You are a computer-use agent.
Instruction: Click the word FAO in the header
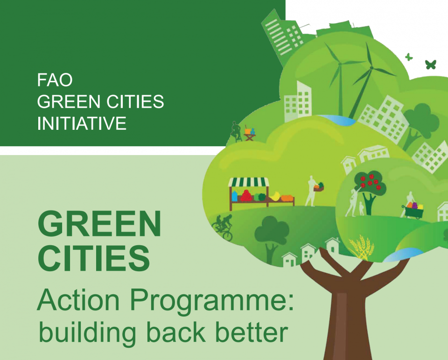click(x=55, y=80)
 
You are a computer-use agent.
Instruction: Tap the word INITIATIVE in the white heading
click(x=82, y=123)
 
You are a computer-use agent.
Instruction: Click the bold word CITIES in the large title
click(x=94, y=258)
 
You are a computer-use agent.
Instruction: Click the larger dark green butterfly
click(x=431, y=64)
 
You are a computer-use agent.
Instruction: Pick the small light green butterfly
click(x=409, y=57)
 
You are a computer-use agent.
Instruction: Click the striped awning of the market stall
click(x=249, y=182)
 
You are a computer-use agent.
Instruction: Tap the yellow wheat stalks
click(x=362, y=247)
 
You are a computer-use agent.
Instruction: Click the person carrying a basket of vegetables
click(x=313, y=191)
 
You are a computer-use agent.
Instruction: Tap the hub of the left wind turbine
click(x=340, y=64)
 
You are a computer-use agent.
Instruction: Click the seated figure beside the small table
click(x=236, y=131)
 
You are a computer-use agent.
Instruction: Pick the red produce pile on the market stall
click(x=246, y=196)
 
